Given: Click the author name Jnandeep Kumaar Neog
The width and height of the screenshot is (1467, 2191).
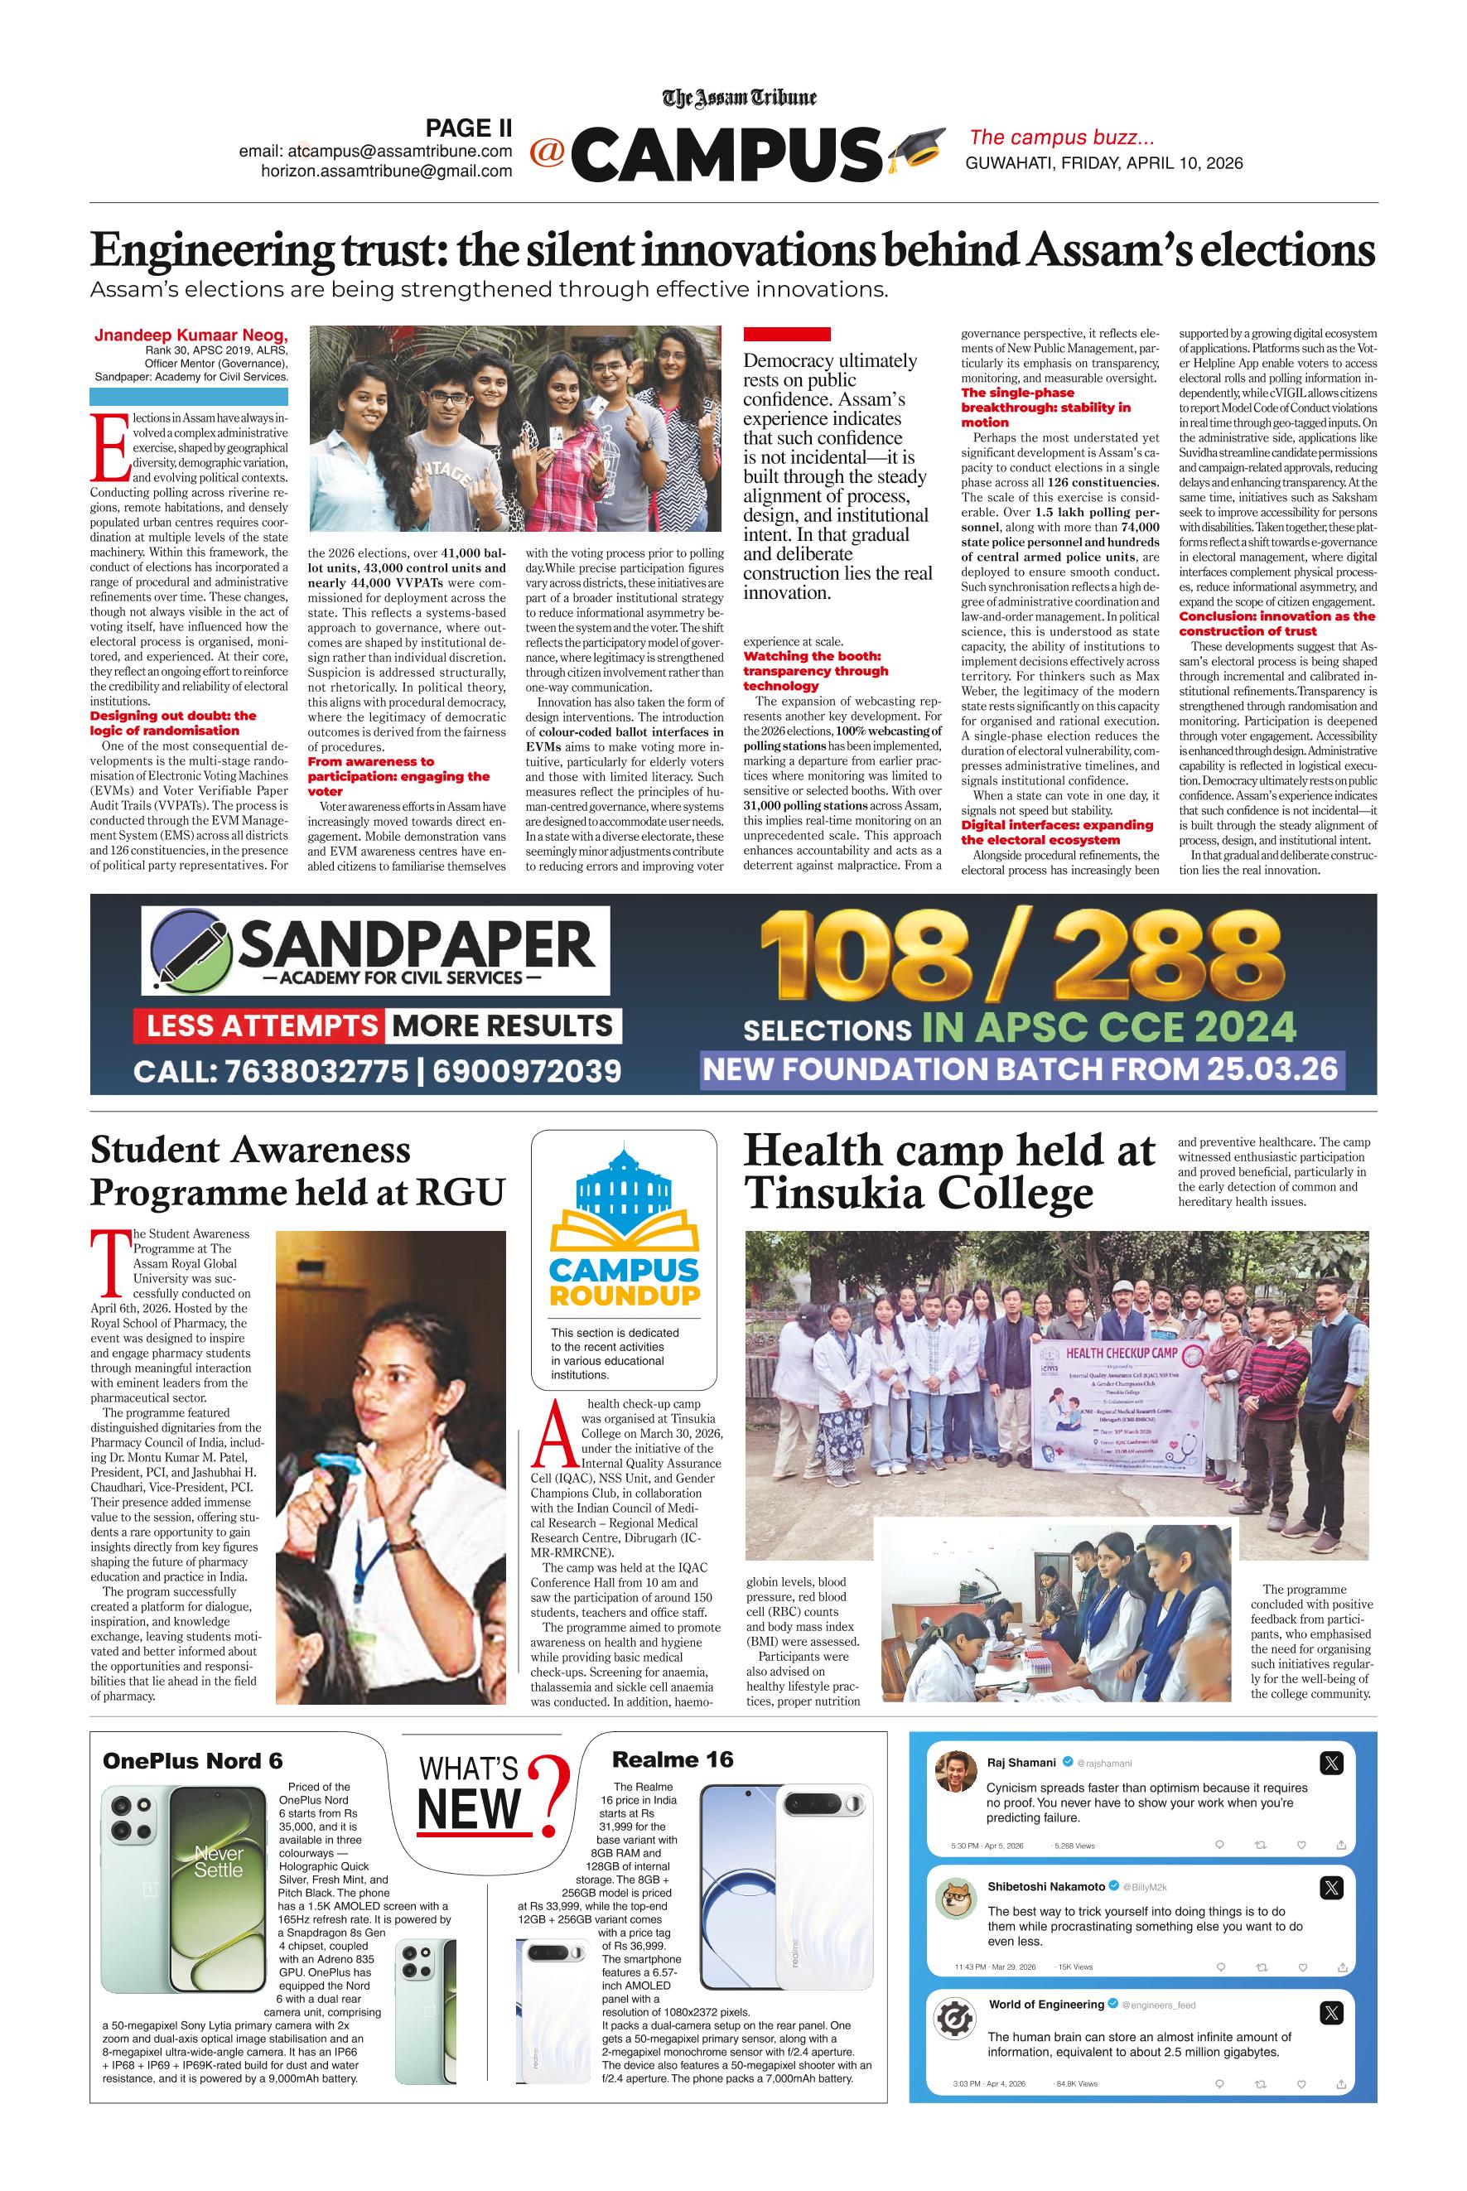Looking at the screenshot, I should point(191,335).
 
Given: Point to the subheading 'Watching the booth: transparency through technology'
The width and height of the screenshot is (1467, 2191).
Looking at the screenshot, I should point(815,671).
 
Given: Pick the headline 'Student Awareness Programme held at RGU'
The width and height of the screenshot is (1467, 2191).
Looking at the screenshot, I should point(297,1170).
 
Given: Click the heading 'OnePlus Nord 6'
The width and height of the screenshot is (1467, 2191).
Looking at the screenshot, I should point(193,1760).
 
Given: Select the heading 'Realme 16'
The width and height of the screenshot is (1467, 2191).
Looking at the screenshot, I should point(672,1759).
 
